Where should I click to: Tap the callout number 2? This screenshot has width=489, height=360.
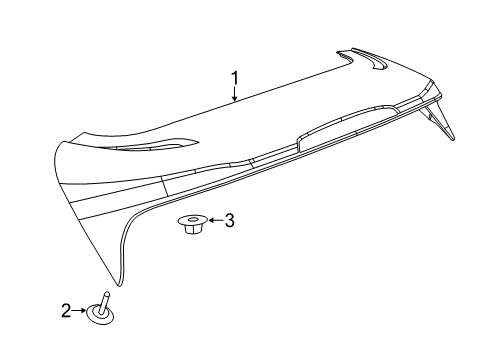[67, 311]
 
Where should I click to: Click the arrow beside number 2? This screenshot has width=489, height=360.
[82, 311]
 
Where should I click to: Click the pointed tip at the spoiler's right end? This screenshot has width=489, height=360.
[454, 137]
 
